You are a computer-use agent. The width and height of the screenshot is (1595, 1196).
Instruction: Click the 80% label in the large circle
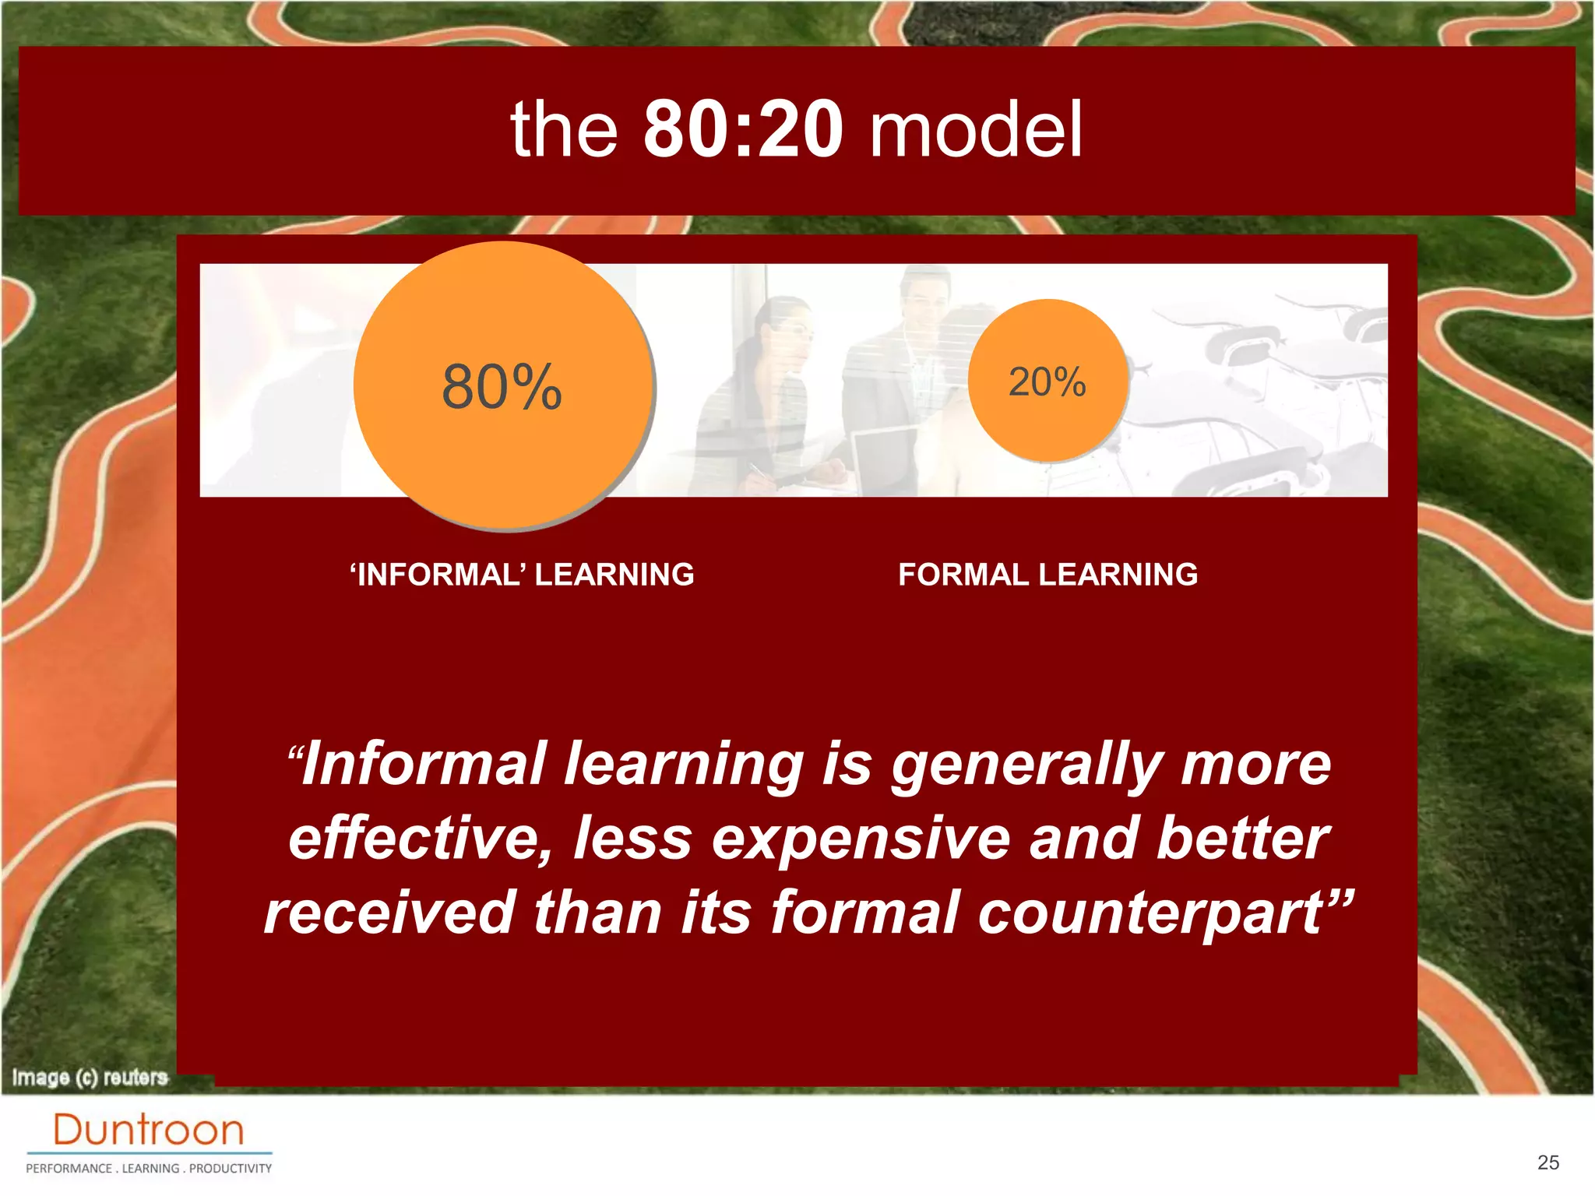pyautogui.click(x=502, y=386)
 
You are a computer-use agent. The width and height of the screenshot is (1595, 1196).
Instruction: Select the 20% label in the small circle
pyautogui.click(x=1047, y=382)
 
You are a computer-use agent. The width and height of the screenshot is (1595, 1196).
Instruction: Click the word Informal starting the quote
pyautogui.click(x=421, y=764)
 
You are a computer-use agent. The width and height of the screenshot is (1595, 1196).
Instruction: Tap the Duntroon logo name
pyautogui.click(x=148, y=1130)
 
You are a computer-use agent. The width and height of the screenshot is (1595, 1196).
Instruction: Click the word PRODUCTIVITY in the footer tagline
pyautogui.click(x=231, y=1169)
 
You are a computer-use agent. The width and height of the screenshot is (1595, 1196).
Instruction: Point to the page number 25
pyautogui.click(x=1548, y=1163)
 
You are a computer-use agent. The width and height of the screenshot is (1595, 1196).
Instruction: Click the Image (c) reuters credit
pyautogui.click(x=90, y=1078)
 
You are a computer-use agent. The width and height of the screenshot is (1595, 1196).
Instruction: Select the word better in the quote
pyautogui.click(x=1243, y=839)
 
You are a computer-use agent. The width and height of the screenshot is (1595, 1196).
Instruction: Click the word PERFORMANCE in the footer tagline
pyautogui.click(x=69, y=1169)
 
